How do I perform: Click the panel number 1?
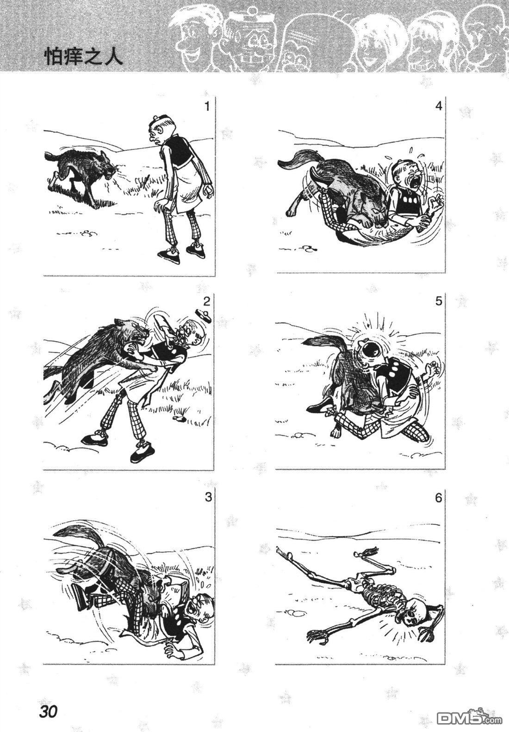206,106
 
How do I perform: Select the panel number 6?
438,498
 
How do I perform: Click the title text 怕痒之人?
83,56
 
